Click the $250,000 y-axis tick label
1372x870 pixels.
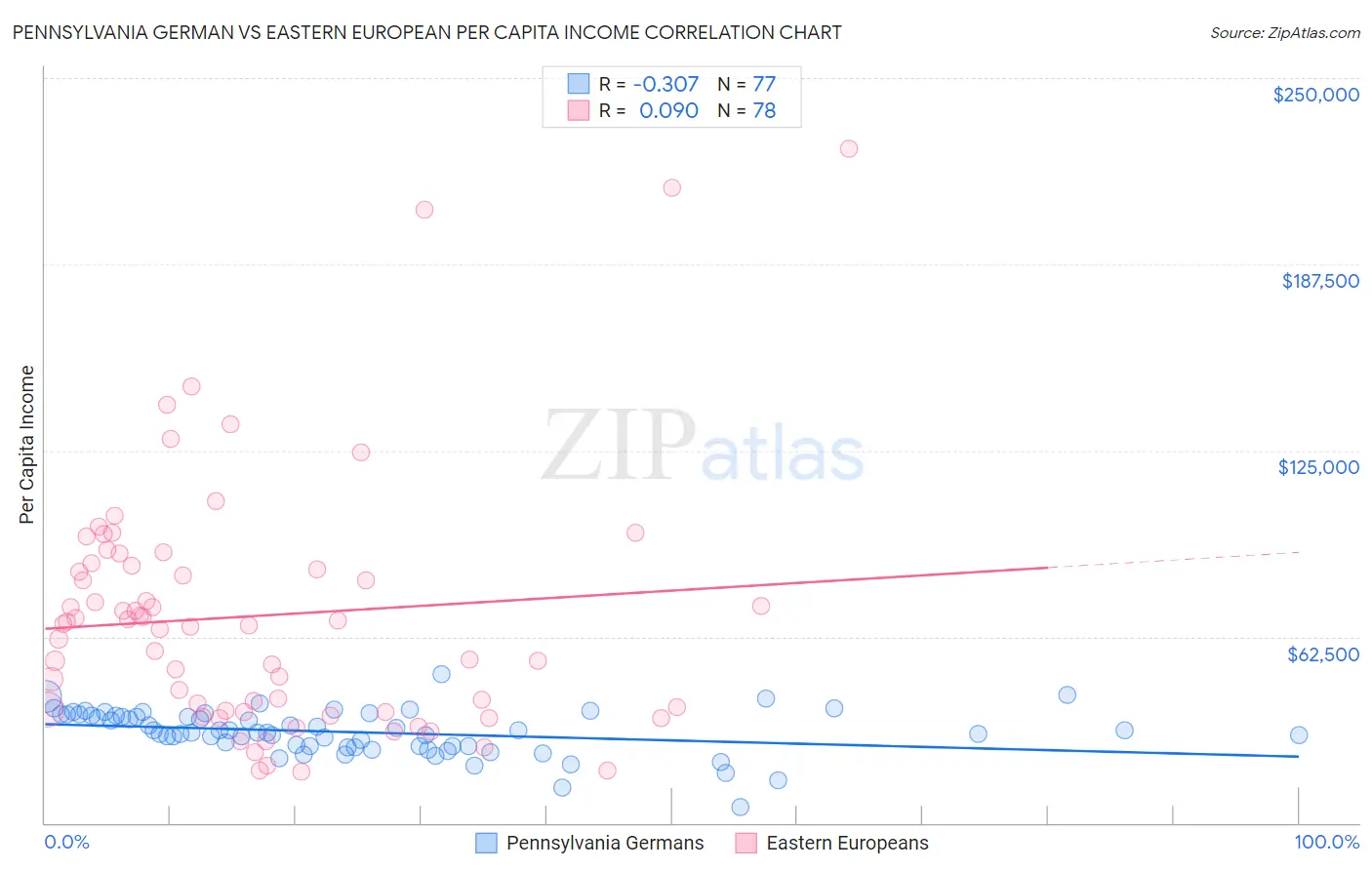[x=1315, y=95]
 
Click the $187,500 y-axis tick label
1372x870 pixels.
[x=1319, y=281]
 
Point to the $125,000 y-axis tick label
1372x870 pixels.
[x=1318, y=467]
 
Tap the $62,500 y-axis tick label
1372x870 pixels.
[x=1322, y=654]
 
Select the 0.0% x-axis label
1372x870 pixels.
[x=66, y=843]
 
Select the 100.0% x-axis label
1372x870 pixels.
[x=1326, y=843]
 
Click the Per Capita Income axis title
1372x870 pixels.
[x=27, y=445]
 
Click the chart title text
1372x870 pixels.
[x=426, y=32]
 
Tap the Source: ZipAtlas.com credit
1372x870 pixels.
[x=1284, y=32]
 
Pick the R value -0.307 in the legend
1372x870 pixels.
[x=666, y=85]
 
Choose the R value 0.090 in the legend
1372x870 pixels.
[x=668, y=111]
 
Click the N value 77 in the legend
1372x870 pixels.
[x=764, y=85]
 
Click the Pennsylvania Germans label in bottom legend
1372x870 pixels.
[x=604, y=844]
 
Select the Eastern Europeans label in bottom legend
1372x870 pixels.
[x=847, y=844]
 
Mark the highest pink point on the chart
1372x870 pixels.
[x=849, y=149]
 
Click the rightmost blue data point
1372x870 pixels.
[x=1298, y=735]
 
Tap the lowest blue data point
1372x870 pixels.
[x=741, y=807]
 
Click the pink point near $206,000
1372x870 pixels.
[x=424, y=210]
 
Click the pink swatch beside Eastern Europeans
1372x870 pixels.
[x=747, y=844]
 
